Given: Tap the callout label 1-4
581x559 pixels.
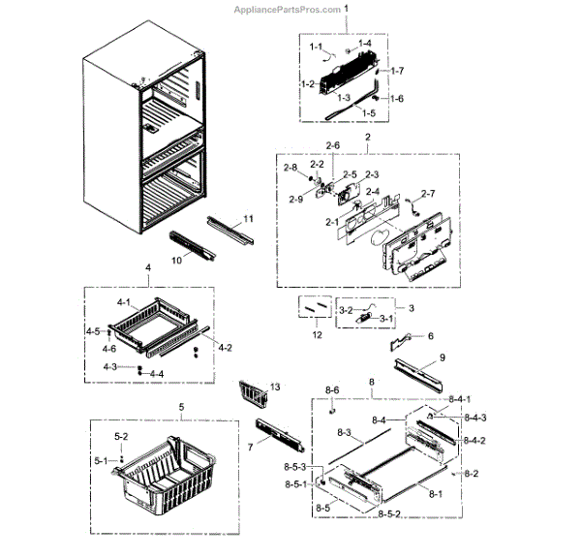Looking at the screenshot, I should pos(365,45).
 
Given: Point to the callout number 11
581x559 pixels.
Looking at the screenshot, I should pos(248,220).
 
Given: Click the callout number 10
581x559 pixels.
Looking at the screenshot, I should pos(177,261).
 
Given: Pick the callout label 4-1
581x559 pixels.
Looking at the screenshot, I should pos(123,303).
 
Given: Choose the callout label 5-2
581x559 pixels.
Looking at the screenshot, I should pos(121,437).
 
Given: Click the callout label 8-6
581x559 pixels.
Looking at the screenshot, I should pos(332,390).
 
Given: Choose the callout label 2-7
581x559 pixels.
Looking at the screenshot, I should pos(428,194).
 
